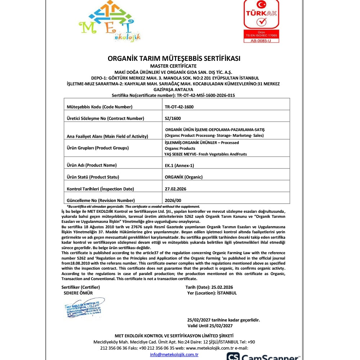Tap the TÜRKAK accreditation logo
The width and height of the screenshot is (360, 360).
[x=261, y=16]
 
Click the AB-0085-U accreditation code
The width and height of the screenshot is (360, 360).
[x=262, y=41]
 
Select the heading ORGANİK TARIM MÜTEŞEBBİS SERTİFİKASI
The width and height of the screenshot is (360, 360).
[x=174, y=58]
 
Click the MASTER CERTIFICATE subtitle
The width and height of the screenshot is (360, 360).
[x=174, y=66]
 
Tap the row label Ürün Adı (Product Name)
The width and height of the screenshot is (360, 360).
[x=92, y=165]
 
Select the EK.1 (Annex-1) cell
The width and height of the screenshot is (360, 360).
[x=179, y=165]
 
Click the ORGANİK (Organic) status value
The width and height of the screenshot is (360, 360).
[x=184, y=177]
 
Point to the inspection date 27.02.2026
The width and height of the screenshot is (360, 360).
[x=175, y=189]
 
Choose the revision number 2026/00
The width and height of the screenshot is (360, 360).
[x=173, y=200]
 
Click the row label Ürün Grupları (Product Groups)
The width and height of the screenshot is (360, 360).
[x=98, y=148]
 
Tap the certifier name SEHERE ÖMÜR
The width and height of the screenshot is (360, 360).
[x=78, y=293]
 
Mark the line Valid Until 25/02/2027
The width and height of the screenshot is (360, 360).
[x=210, y=326]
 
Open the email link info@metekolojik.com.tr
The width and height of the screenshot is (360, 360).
[x=174, y=355]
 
